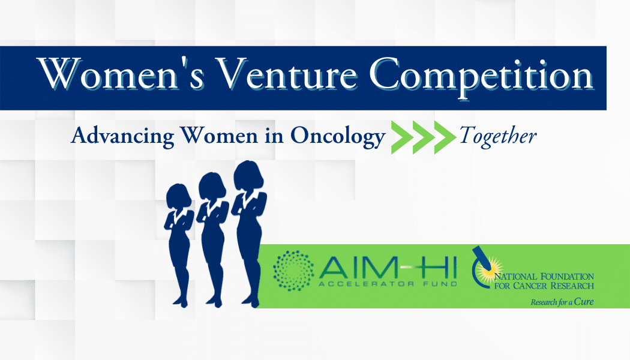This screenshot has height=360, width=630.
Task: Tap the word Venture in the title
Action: (288, 76)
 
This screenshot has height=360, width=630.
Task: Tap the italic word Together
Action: (497, 136)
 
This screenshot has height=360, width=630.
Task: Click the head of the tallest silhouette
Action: (247, 175)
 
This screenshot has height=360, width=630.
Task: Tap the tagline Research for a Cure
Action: (562, 302)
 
